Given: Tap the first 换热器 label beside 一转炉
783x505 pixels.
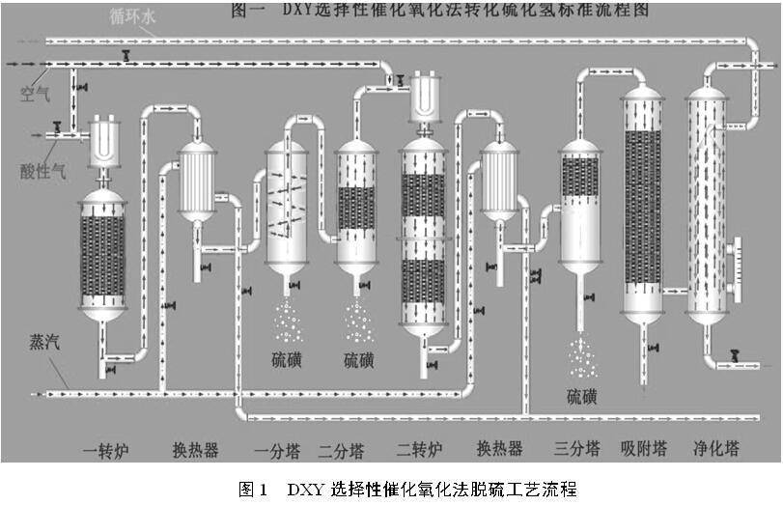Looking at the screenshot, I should pos(195,450).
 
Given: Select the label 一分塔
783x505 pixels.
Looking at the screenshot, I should pos(275,450).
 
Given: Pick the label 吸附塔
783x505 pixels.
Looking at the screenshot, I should pos(644,449).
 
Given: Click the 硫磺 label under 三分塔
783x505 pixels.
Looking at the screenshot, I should pos(582,395).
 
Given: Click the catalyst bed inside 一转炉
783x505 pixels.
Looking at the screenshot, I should pos(102,256).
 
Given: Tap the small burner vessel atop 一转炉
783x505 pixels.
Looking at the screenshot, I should pos(102,143).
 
